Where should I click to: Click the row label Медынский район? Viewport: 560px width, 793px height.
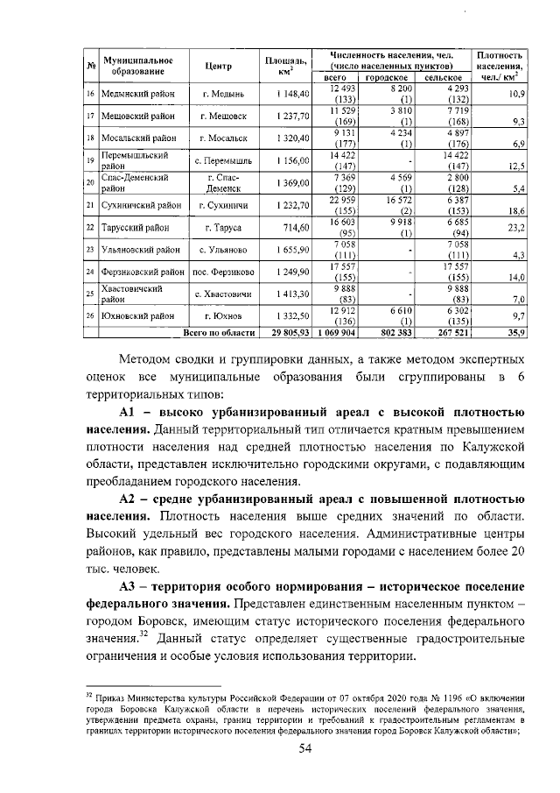pos(136,94)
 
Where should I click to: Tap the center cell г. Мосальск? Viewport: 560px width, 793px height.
pos(223,138)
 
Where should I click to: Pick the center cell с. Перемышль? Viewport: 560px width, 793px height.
pos(223,161)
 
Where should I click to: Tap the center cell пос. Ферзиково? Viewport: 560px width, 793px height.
pos(223,273)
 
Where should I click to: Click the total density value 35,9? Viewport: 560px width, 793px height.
pos(514,334)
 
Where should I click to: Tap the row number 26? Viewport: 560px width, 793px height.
pos(90,316)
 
